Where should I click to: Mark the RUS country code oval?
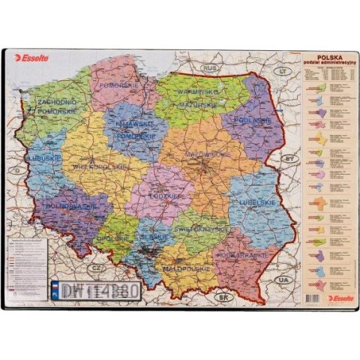click(211, 68)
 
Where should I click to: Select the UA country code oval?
click(282, 279)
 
